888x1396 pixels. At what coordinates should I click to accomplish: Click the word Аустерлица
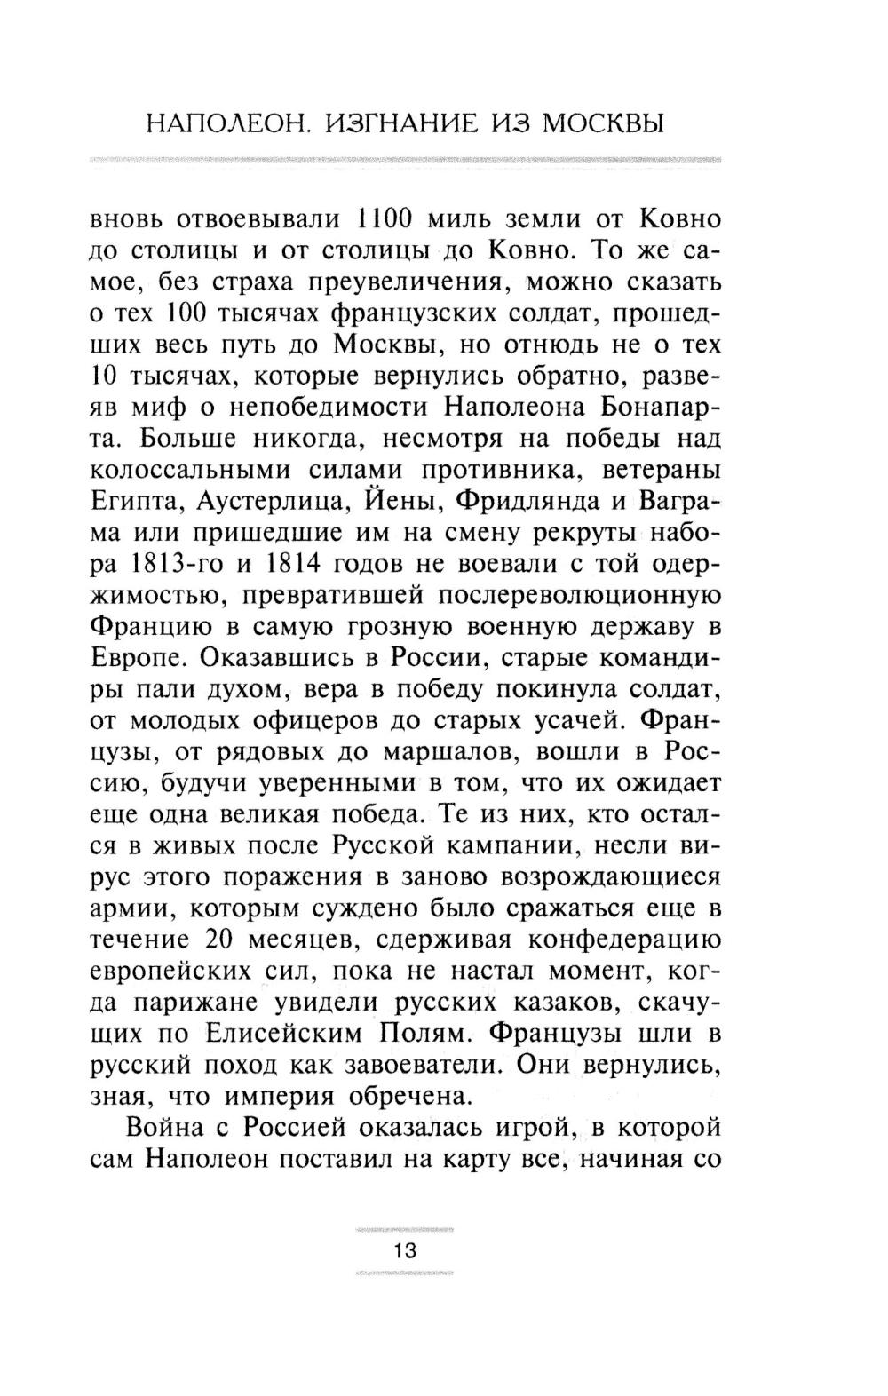pos(274,501)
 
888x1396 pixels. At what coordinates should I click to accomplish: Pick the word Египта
pos(136,501)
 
